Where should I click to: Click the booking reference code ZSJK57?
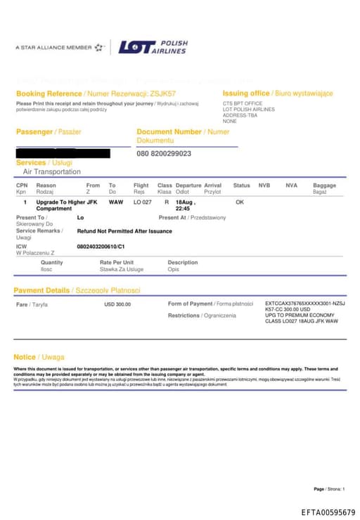163,93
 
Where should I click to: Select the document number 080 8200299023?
164,153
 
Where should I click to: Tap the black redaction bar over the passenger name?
63,152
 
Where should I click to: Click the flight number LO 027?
142,202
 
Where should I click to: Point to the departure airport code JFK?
91,202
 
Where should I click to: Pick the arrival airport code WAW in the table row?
115,202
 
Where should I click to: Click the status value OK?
240,202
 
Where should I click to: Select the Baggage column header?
324,186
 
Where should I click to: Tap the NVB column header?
264,186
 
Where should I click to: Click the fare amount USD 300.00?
117,304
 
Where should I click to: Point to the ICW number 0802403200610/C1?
101,247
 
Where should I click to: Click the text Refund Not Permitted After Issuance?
124,230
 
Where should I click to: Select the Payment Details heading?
41,290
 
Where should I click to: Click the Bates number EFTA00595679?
328,512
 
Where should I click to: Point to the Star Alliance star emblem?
99,47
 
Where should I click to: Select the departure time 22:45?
182,209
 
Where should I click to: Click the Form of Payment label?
190,304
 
